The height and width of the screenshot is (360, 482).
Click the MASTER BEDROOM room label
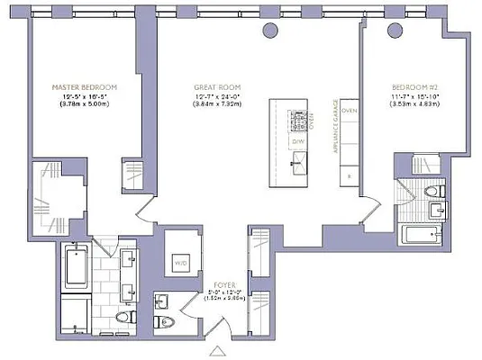click(x=83, y=87)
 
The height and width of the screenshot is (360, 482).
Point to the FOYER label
click(x=213, y=283)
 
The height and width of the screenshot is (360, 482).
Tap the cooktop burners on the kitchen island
click(x=298, y=117)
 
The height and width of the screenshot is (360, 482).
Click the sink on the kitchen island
click(x=298, y=163)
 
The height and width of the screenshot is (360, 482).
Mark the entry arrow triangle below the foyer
click(x=217, y=350)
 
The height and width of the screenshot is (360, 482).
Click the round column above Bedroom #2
click(x=394, y=30)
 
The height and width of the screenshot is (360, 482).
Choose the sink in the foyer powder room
click(x=162, y=301)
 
